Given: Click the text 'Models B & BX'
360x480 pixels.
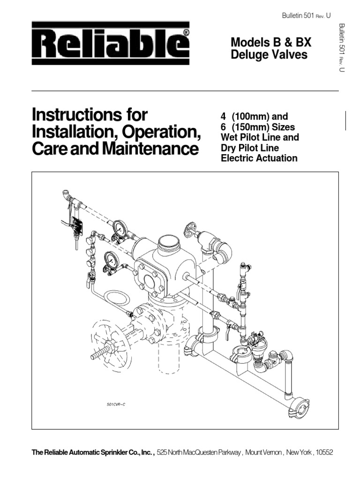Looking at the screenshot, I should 271,43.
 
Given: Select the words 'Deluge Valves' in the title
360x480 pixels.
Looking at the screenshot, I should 269,55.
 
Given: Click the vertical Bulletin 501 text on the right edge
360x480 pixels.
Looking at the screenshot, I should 342,47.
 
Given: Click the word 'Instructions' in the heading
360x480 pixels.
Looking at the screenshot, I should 89,115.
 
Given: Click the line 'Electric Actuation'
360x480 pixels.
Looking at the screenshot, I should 259,158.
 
